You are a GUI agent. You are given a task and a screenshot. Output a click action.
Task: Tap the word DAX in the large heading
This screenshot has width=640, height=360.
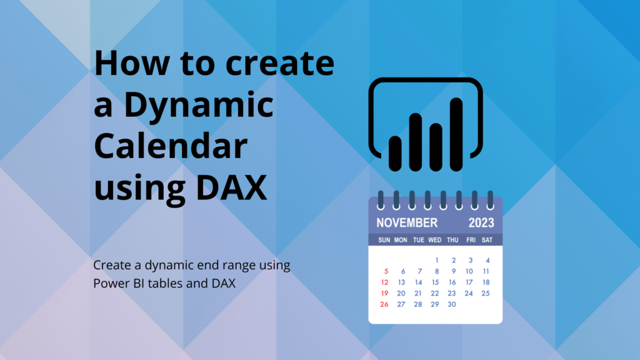pyautogui.click(x=231, y=187)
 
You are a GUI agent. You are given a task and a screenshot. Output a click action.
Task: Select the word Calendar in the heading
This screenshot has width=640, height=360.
pyautogui.click(x=171, y=146)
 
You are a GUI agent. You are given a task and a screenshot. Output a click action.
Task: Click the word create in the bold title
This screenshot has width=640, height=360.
pyautogui.click(x=280, y=63)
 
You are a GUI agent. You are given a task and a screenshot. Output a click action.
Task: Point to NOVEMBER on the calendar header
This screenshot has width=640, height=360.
pyautogui.click(x=407, y=223)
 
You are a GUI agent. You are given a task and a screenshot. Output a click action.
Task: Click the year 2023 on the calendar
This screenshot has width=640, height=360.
pyautogui.click(x=481, y=223)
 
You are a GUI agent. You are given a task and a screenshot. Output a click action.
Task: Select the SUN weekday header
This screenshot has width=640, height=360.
pyautogui.click(x=384, y=240)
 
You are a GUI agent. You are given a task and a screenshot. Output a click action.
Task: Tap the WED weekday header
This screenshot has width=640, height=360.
pyautogui.click(x=435, y=240)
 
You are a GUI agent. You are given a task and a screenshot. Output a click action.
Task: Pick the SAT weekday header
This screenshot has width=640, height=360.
pyautogui.click(x=487, y=240)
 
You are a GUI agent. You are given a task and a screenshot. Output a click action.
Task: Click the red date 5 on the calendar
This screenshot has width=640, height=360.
pyautogui.click(x=386, y=271)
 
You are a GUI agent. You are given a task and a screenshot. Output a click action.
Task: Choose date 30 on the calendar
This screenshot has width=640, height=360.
pyautogui.click(x=451, y=304)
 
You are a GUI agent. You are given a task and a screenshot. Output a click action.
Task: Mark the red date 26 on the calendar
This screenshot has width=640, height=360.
pyautogui.click(x=384, y=304)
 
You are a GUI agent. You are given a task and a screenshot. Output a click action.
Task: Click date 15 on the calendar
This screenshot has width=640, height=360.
pyautogui.click(x=435, y=282)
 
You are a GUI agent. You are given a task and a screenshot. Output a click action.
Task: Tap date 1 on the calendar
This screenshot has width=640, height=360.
pyautogui.click(x=437, y=261)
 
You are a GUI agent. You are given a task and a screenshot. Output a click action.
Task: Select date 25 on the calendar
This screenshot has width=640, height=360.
pyautogui.click(x=485, y=294)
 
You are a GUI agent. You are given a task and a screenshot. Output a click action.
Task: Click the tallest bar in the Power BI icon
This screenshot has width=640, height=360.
pyautogui.click(x=456, y=134)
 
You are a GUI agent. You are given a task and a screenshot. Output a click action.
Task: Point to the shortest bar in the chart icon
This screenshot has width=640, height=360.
pyautogui.click(x=395, y=154)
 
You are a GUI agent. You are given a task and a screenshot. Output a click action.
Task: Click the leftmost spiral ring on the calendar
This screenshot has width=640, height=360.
pyautogui.click(x=381, y=200)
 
